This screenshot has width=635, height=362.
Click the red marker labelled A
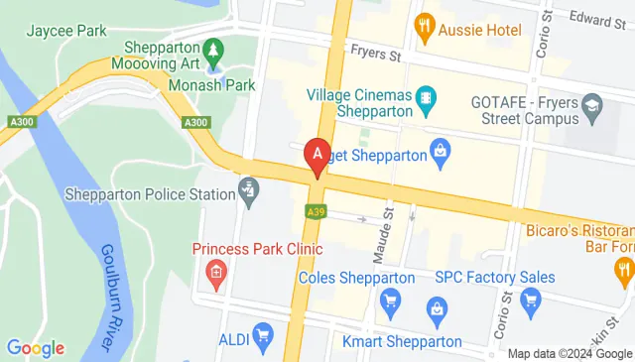coord(317,155)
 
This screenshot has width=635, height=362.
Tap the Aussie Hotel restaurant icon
coord(425,23)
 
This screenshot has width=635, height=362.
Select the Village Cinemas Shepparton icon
coord(426,97)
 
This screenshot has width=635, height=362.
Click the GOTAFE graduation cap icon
coord(592,103)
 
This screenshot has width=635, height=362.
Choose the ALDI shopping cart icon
coord(262,334)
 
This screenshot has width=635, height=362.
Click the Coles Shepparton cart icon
coord(391,299)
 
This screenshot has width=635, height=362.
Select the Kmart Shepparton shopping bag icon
coord(437,313)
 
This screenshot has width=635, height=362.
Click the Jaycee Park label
coord(67,31)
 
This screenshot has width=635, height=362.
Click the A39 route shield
coord(316,211)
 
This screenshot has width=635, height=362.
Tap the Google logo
coord(35,348)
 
